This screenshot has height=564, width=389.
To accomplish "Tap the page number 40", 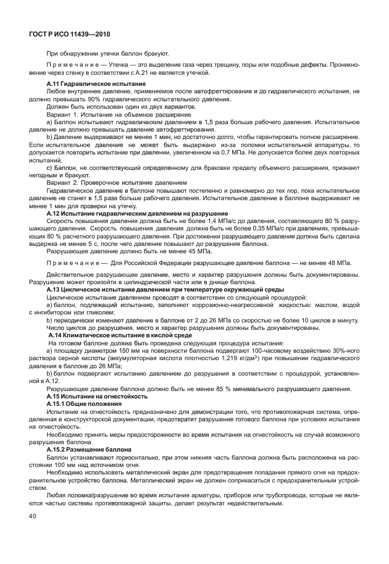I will click(x=32, y=515).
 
